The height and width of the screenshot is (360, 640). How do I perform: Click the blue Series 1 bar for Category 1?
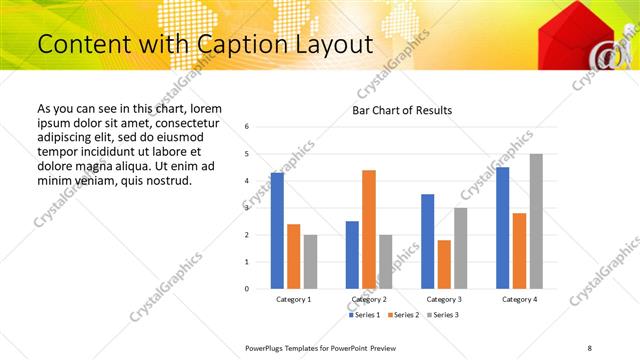tap(277, 231)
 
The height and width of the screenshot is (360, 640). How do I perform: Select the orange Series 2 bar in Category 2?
tap(369, 229)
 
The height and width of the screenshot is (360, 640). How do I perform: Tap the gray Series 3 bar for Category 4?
tap(536, 221)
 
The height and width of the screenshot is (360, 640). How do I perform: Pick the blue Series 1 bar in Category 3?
tap(427, 241)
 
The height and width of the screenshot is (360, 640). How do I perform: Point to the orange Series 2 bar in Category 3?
tap(444, 264)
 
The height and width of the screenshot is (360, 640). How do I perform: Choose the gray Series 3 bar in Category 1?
tap(310, 261)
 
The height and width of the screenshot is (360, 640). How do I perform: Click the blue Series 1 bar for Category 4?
tap(502, 228)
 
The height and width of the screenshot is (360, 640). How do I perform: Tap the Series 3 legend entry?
tap(442, 315)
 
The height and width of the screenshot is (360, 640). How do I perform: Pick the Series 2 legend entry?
tap(403, 315)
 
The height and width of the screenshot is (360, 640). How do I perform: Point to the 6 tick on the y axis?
tap(247, 127)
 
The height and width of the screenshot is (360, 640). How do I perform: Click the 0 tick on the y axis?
tap(247, 289)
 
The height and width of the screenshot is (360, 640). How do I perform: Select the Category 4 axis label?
tap(519, 299)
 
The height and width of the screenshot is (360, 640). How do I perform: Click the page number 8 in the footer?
tap(590, 347)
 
